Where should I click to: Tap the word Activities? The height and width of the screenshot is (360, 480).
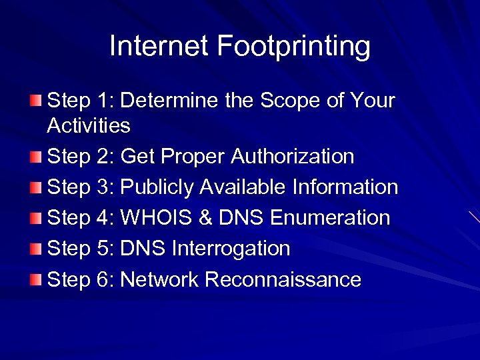[x=89, y=125]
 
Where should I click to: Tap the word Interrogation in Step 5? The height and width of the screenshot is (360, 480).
[x=231, y=249]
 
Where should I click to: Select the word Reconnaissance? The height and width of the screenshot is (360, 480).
[x=283, y=279]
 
